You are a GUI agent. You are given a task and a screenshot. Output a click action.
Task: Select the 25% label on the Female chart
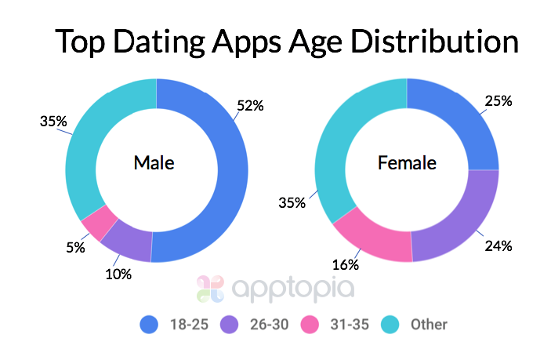point(498,101)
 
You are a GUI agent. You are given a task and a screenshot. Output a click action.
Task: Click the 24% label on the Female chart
point(498,246)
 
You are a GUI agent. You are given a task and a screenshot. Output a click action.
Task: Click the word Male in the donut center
point(154,163)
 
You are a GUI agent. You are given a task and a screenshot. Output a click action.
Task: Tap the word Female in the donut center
point(407,163)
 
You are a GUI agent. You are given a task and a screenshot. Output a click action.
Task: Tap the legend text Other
point(428,323)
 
